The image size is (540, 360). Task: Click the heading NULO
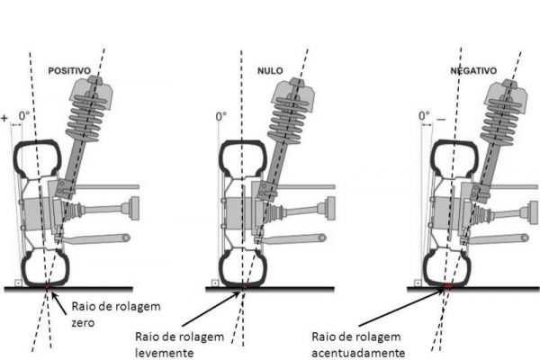pos(270,67)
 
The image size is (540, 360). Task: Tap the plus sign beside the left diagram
pos(5,117)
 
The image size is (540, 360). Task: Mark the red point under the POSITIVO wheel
pos(47,286)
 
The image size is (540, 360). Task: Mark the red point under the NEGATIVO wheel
pos(447,286)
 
